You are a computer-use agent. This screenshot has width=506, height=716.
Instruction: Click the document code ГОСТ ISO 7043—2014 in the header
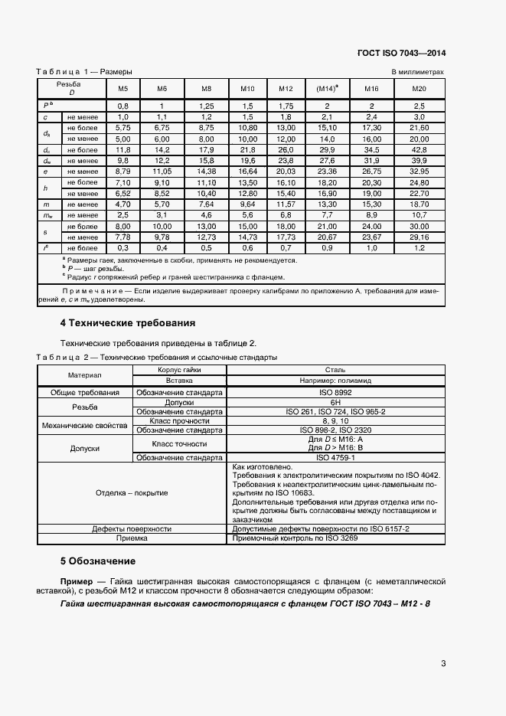[401, 54]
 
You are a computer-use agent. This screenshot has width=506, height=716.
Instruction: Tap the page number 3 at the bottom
[443, 663]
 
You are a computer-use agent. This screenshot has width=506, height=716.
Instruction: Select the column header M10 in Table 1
[247, 89]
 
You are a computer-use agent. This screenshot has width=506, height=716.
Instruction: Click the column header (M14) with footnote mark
[328, 89]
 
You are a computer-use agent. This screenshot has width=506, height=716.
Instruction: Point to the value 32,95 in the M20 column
[419, 174]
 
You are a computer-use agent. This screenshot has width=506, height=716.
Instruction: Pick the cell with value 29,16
[419, 237]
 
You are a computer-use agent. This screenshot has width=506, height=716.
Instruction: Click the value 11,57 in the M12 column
[286, 206]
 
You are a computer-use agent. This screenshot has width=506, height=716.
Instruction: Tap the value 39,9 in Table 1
[419, 162]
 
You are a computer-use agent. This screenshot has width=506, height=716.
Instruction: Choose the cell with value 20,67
[328, 237]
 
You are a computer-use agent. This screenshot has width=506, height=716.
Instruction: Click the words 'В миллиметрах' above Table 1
[418, 72]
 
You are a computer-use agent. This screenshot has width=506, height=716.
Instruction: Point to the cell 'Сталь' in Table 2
[335, 369]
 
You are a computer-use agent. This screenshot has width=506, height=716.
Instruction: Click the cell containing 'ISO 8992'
[335, 392]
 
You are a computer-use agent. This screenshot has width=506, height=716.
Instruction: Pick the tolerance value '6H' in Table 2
[335, 402]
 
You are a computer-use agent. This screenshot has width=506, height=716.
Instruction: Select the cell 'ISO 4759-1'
[335, 458]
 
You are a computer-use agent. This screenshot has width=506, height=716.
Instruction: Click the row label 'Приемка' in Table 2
[132, 538]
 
